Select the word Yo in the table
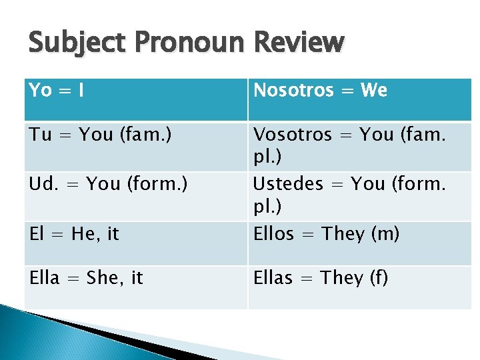pyautogui.click(x=40, y=91)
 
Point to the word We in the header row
pyautogui.click(x=373, y=91)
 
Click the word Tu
pyautogui.click(x=39, y=135)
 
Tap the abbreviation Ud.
pyautogui.click(x=42, y=184)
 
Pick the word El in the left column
pyautogui.click(x=37, y=234)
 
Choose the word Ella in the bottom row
pyautogui.click(x=44, y=278)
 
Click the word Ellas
pyautogui.click(x=273, y=278)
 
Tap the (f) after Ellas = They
pyautogui.click(x=378, y=278)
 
